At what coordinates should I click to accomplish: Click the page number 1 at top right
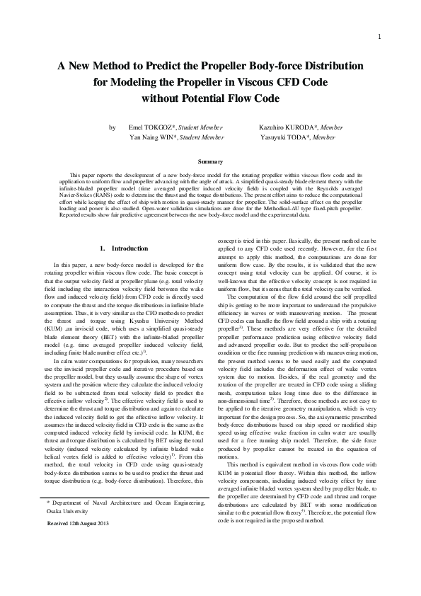click(381, 37)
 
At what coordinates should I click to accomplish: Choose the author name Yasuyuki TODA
click(275, 138)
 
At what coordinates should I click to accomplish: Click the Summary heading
click(210, 162)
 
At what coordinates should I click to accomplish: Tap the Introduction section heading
click(130, 248)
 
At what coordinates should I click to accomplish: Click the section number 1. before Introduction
click(103, 248)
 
